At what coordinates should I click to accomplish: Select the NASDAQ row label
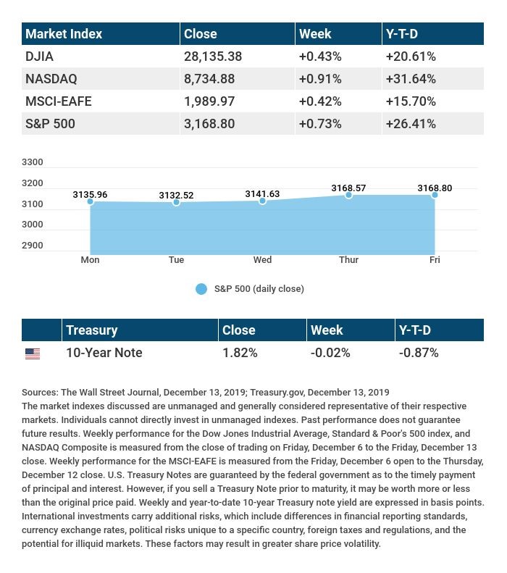(x=51, y=79)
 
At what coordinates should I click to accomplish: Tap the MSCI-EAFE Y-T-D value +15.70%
(x=411, y=101)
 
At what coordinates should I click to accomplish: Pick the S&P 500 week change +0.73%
(x=319, y=124)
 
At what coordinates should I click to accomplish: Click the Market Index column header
(x=64, y=34)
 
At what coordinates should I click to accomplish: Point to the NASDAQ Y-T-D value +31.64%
(x=411, y=79)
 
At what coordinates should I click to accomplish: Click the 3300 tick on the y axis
(x=33, y=162)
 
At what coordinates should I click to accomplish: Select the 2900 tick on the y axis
(x=33, y=246)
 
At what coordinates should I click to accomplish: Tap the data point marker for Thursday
(x=348, y=195)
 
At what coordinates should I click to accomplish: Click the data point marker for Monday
(x=91, y=201)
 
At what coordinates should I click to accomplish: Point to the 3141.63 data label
(x=262, y=194)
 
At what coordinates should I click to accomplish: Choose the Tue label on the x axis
(x=176, y=260)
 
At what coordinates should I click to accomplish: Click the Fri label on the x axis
(x=435, y=260)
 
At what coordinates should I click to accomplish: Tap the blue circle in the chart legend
(x=201, y=289)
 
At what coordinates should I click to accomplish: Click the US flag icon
(x=33, y=354)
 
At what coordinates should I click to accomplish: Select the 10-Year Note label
(x=104, y=353)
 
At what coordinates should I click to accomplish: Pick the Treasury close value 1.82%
(x=240, y=353)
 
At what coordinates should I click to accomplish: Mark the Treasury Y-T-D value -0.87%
(x=419, y=353)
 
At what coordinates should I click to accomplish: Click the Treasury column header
(x=91, y=330)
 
